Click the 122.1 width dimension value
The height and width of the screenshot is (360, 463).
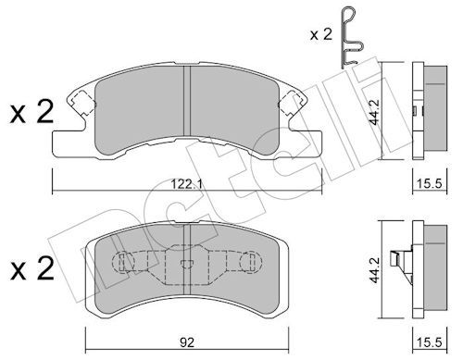(x=187, y=184)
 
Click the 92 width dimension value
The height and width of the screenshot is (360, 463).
(x=187, y=342)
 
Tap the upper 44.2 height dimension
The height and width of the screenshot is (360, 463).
(x=375, y=112)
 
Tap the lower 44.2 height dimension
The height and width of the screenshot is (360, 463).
(x=375, y=269)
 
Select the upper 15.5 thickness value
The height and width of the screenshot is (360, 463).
(x=430, y=184)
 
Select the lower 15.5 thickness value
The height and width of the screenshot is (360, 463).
(x=430, y=342)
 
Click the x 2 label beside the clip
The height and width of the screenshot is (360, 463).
(x=321, y=34)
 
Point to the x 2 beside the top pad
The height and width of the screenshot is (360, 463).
(x=31, y=112)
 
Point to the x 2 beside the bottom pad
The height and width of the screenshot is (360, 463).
(x=31, y=268)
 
